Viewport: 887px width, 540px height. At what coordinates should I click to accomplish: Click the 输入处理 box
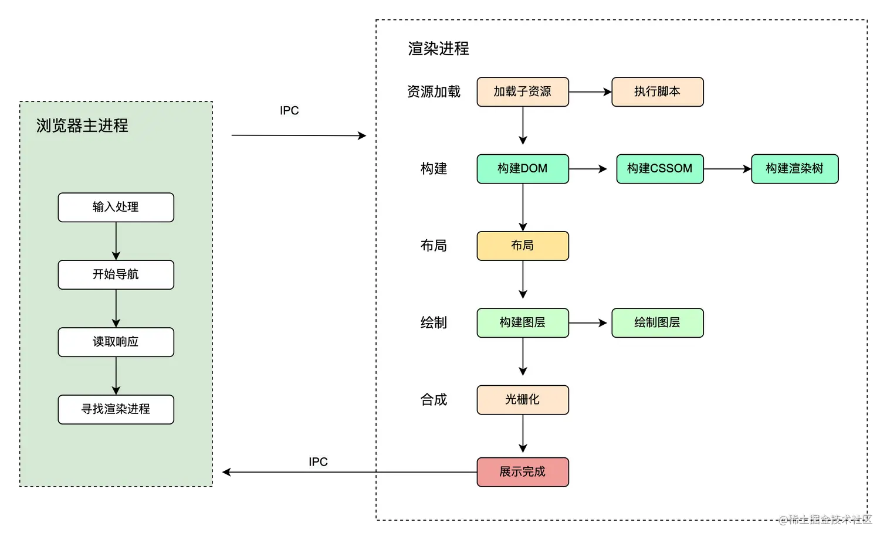pos(116,208)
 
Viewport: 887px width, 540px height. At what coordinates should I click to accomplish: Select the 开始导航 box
pos(116,275)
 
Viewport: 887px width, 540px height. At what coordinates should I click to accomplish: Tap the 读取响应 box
pos(116,342)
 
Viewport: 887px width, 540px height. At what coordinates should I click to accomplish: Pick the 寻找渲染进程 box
pos(116,410)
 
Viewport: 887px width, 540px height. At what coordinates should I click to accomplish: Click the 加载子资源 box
pos(522,92)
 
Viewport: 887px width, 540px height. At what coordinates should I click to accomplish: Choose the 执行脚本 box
pos(657,92)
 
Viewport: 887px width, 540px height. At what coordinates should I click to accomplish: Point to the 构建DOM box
pos(522,169)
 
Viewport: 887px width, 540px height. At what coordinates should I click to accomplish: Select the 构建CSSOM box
pos(659,169)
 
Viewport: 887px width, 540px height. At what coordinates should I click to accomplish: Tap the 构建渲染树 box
pos(794,169)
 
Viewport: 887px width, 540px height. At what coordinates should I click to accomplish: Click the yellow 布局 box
pos(522,246)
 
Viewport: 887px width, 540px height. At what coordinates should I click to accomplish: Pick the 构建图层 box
pos(522,323)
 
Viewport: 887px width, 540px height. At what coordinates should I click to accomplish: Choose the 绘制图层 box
pos(657,323)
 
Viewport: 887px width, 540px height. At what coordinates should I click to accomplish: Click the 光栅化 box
pos(522,400)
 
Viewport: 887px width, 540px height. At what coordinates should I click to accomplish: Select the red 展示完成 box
pos(522,472)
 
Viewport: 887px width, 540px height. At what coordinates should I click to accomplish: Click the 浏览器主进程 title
pos(82,125)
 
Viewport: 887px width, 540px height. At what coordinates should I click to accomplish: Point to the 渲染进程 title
pos(438,49)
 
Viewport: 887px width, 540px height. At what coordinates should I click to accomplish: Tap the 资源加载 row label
pos(434,92)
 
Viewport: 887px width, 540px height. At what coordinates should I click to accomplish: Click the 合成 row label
pos(434,400)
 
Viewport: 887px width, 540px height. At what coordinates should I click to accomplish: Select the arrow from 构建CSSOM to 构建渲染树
pos(727,169)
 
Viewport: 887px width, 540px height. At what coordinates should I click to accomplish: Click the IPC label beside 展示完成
pos(319,461)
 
